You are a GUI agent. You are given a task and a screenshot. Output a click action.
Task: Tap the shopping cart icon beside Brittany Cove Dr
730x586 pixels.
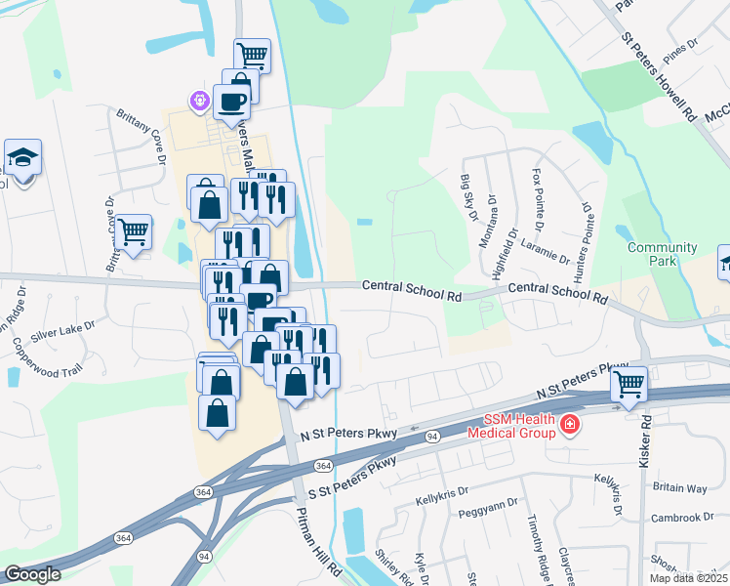134,232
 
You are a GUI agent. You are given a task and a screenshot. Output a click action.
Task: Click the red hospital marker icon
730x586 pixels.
568,424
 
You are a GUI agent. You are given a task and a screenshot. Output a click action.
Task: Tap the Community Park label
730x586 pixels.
663,255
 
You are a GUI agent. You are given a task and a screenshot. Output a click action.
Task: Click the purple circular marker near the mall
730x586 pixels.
200,100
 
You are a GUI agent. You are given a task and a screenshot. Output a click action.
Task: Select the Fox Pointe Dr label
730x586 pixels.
538,196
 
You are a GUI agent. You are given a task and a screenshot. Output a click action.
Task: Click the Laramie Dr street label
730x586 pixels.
545,249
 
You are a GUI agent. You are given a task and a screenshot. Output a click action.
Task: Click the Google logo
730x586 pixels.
33,574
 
